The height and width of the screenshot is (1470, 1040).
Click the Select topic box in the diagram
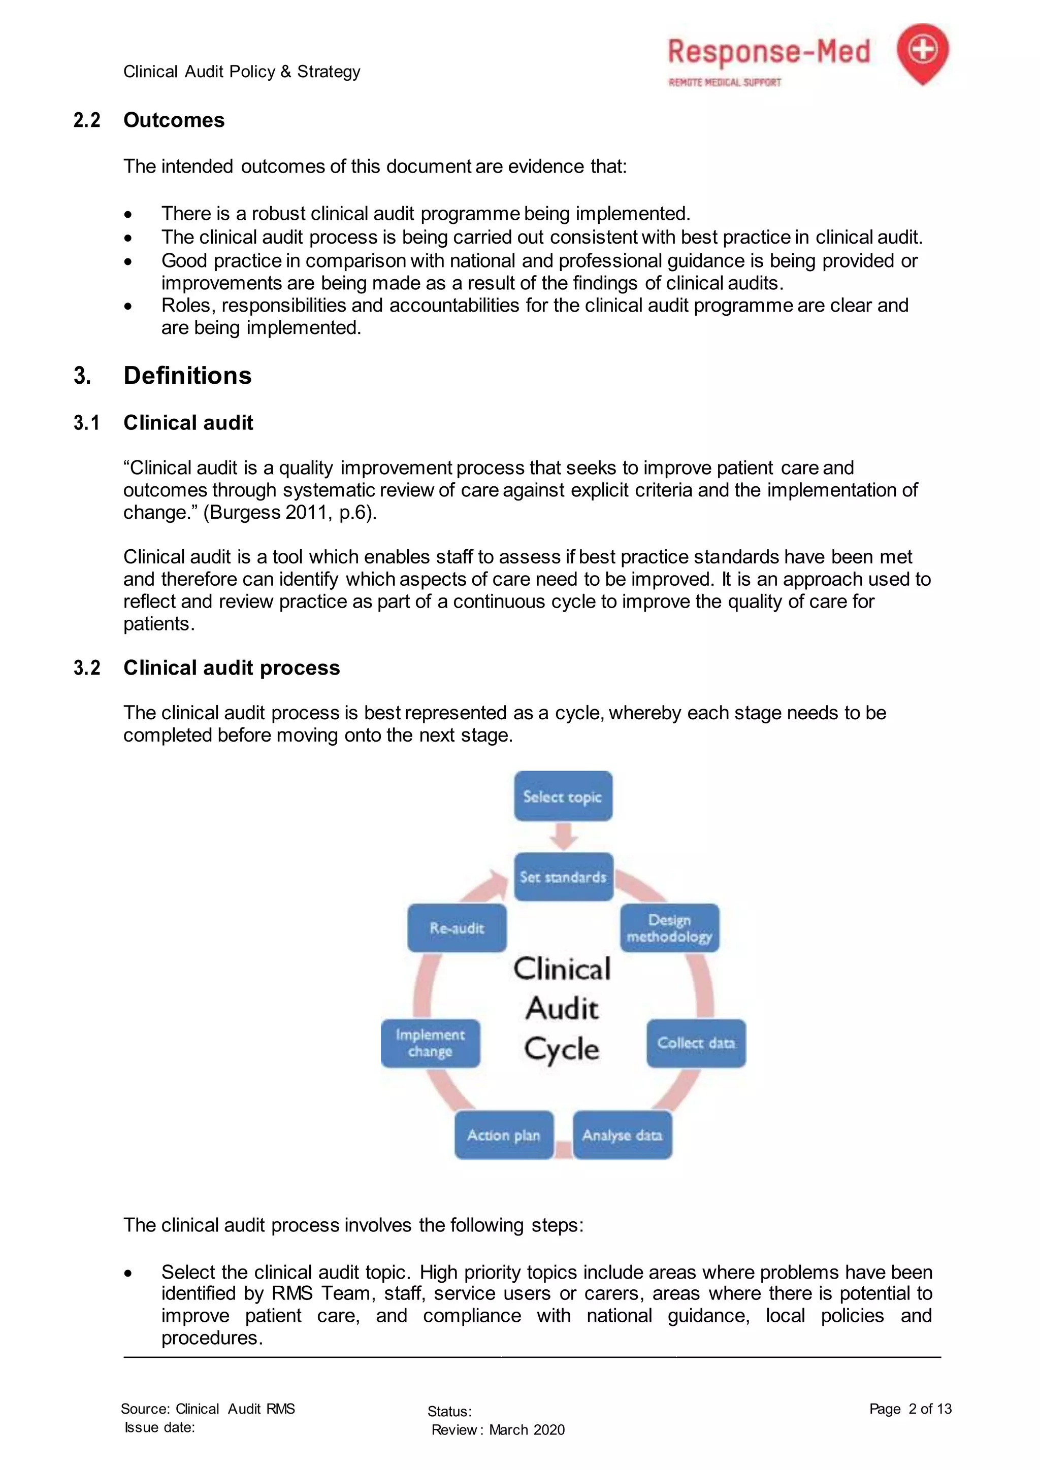[x=563, y=796]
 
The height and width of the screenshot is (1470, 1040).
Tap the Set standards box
[x=563, y=877]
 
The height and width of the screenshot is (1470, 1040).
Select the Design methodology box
[x=669, y=928]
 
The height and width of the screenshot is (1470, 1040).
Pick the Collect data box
[x=696, y=1043]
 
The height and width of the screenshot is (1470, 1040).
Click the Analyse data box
[x=622, y=1135]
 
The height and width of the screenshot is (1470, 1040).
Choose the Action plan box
[x=504, y=1135]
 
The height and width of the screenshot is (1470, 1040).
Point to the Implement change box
[x=430, y=1043]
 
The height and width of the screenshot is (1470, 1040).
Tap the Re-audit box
[x=457, y=928]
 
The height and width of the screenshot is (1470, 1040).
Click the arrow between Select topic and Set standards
[x=563, y=836]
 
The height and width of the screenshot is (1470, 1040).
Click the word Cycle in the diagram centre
[x=562, y=1049]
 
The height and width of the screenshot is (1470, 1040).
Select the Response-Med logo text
[x=768, y=52]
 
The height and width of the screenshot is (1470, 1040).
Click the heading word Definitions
[x=187, y=375]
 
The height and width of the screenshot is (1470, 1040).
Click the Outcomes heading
[x=174, y=120]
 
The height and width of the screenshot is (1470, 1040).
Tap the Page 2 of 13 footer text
[x=910, y=1409]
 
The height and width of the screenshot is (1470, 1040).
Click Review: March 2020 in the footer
[x=498, y=1430]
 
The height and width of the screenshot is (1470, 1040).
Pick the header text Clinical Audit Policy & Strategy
[x=241, y=71]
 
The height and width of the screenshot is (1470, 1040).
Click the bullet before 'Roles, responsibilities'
[x=128, y=307]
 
